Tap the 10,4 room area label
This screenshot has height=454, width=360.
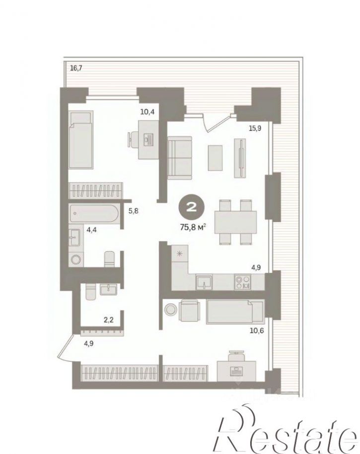[x=147, y=112]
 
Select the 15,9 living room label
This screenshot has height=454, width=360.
[x=255, y=128]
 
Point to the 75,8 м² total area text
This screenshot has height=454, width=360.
[x=193, y=227]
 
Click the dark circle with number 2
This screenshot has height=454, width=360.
[x=192, y=207]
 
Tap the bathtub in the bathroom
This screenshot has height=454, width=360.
[x=94, y=214]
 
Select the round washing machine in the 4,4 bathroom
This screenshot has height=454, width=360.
[x=76, y=259]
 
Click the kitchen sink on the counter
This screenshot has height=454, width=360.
[x=204, y=282]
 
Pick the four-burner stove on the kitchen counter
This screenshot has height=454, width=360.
[x=243, y=282]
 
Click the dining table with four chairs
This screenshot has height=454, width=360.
[x=235, y=222]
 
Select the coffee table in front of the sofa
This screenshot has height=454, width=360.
[x=216, y=158]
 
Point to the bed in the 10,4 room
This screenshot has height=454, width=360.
[x=81, y=139]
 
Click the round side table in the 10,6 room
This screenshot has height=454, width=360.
[x=170, y=309]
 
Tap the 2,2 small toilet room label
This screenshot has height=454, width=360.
[x=109, y=320]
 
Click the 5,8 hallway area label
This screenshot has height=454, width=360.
[x=134, y=211]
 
